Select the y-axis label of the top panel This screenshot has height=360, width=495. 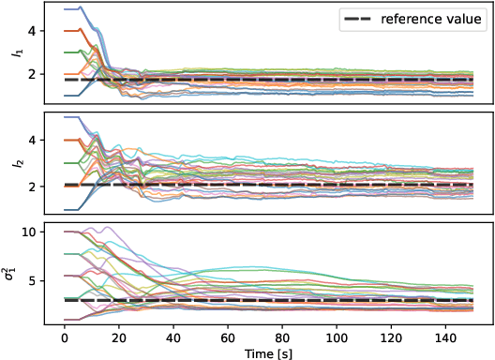pos(13,54)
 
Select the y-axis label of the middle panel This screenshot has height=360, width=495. pos(13,164)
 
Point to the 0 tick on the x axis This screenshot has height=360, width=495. pos(64,335)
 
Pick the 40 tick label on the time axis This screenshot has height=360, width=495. pos(172,335)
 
